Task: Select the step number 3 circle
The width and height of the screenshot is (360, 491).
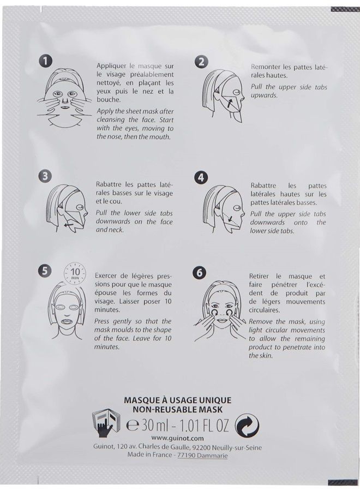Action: point(46,176)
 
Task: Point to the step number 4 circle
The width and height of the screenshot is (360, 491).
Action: point(201,177)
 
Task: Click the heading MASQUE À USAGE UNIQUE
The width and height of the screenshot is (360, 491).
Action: point(178,400)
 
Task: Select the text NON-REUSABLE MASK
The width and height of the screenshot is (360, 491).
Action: point(178,409)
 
